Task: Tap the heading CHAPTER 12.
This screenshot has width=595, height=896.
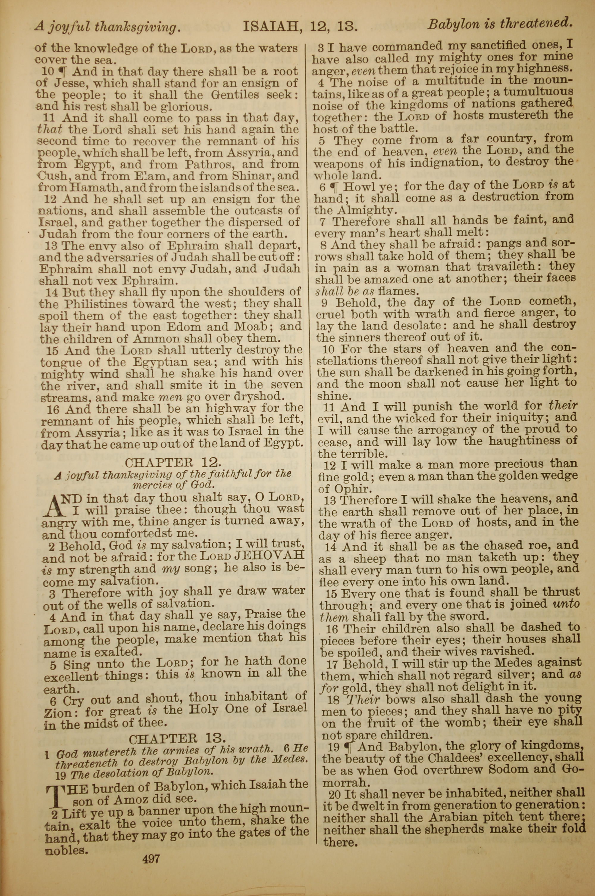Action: pos(173,463)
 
